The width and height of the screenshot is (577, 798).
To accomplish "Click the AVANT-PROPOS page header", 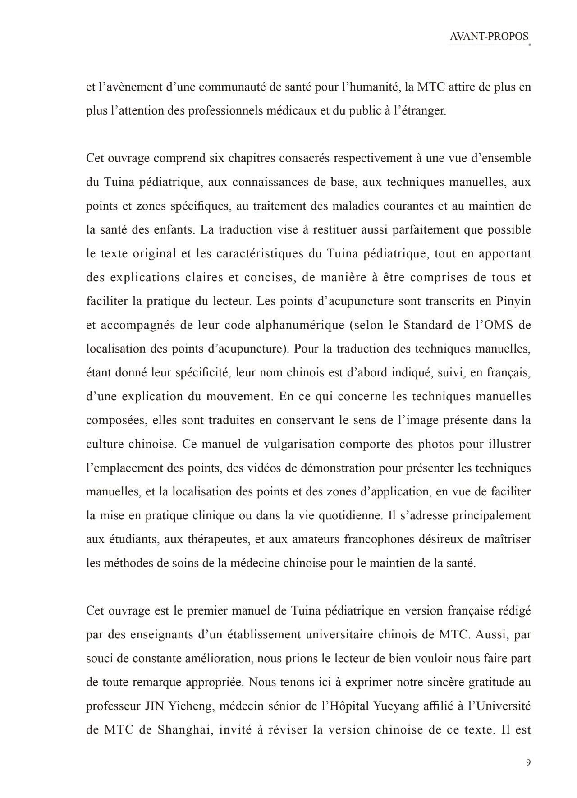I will click(x=489, y=37).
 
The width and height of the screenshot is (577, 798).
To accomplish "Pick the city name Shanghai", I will click(x=185, y=730).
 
